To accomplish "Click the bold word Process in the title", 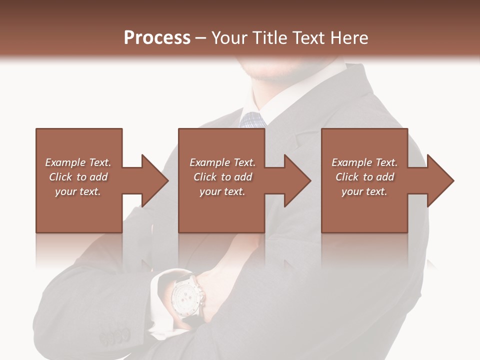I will (x=157, y=38).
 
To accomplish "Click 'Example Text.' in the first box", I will (x=78, y=162).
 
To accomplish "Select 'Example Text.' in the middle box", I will (x=222, y=162).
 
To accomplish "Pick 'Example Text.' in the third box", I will (x=364, y=162).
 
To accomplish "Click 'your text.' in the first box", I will (x=78, y=191).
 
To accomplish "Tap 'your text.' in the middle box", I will (x=222, y=191).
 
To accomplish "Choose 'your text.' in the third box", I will (x=364, y=191).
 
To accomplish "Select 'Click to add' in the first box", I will (x=78, y=177).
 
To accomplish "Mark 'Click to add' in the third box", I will (x=364, y=177).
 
